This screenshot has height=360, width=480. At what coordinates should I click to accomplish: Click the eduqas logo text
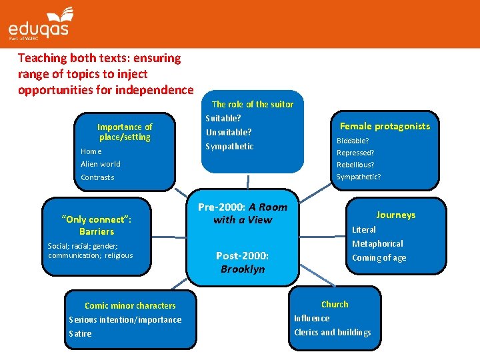tap(38, 29)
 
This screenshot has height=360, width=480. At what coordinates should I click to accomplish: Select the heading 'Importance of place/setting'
tap(125, 132)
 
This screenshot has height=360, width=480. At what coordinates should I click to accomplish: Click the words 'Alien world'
tap(101, 164)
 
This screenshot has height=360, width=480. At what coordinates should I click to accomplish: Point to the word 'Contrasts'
tap(97, 177)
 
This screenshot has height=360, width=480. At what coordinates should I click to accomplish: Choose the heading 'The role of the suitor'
tap(253, 104)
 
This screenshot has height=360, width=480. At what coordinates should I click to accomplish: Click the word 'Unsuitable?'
tap(229, 132)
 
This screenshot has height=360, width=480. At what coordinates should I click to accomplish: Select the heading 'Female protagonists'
tap(385, 126)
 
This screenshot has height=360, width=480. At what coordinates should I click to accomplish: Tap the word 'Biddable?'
tap(353, 141)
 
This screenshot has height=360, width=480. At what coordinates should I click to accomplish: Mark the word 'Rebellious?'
tap(355, 165)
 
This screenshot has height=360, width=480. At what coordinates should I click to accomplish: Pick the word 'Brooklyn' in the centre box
tap(243, 269)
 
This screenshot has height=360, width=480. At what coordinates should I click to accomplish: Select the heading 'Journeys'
tap(395, 215)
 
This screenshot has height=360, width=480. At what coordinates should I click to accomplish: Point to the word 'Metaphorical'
tap(377, 244)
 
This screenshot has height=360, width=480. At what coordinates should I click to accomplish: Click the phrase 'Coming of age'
tap(379, 258)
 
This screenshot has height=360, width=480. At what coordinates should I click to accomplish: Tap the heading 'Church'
tap(335, 304)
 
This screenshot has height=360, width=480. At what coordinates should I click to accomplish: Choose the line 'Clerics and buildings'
tap(333, 332)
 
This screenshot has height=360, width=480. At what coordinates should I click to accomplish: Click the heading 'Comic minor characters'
tap(130, 305)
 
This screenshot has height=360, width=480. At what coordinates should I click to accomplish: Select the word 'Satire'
tap(80, 333)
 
